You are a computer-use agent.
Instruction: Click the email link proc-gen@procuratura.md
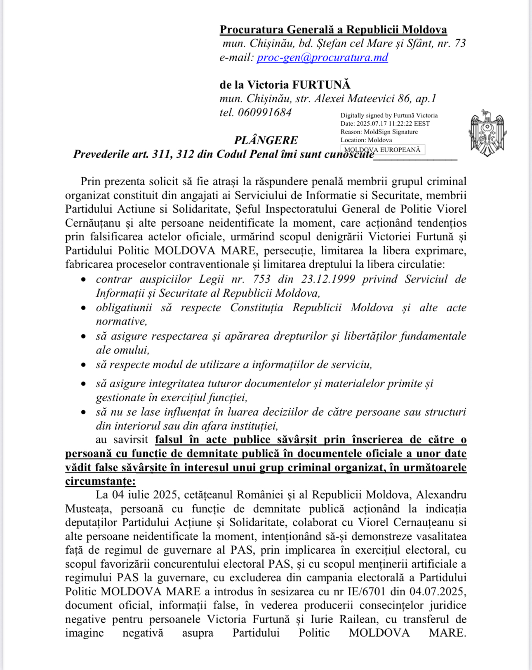[x=322, y=57]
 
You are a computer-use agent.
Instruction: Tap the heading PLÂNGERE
[x=266, y=140]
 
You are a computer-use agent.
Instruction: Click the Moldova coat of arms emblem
[x=487, y=133]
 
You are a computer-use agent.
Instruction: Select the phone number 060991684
[x=265, y=113]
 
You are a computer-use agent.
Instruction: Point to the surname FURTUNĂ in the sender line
[x=321, y=85]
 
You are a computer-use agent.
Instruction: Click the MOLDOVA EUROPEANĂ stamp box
[x=382, y=150]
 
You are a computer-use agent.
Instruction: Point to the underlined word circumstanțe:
[x=100, y=481]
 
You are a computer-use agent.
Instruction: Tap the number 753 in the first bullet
[x=261, y=279]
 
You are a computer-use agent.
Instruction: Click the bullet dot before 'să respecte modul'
[x=84, y=365]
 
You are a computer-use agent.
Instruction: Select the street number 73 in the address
[x=460, y=43]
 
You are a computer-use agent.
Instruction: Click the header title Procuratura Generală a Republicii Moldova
[x=333, y=30]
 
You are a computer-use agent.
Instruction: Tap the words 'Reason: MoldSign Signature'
[x=379, y=132]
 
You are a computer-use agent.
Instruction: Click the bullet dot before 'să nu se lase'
[x=84, y=412]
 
